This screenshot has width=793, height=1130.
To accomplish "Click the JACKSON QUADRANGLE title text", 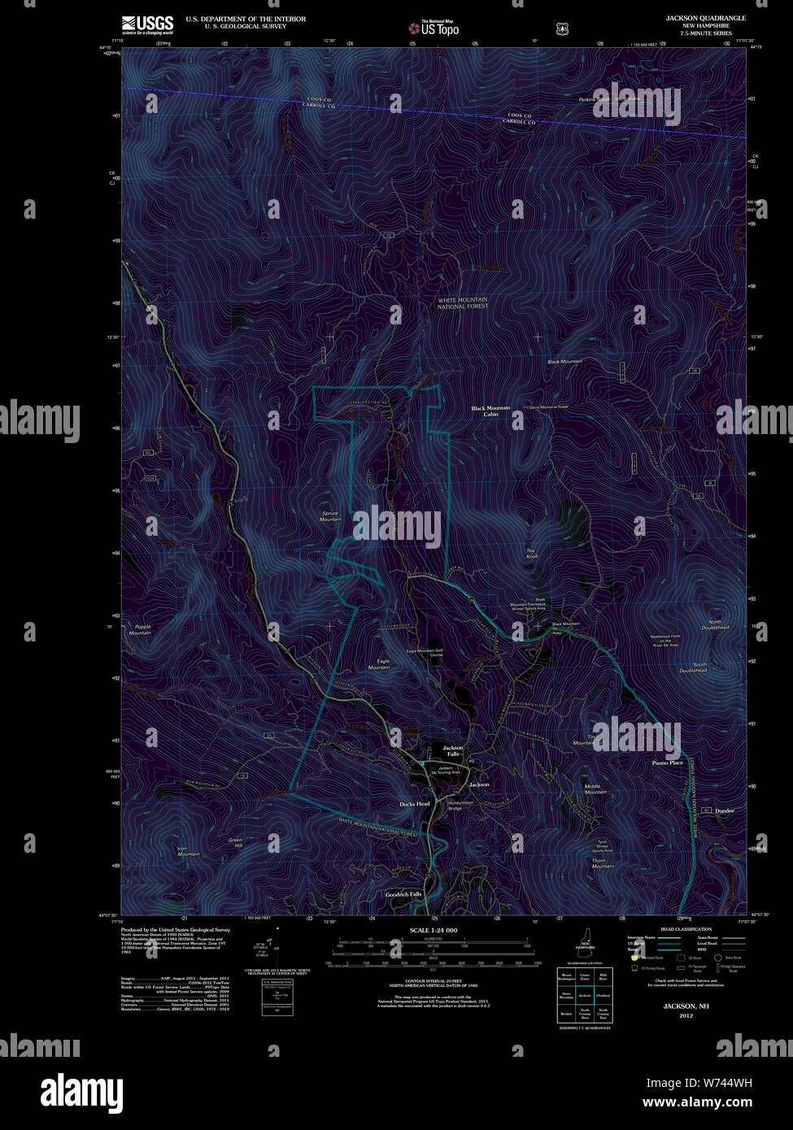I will [705, 18].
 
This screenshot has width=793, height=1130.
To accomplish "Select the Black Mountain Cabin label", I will [490, 411].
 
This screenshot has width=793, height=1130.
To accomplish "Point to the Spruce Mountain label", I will [330, 515].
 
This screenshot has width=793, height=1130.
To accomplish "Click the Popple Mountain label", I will [140, 629].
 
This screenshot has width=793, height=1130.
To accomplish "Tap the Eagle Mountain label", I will [379, 664].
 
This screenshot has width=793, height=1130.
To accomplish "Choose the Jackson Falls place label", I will [453, 750].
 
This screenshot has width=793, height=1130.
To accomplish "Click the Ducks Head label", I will [414, 804].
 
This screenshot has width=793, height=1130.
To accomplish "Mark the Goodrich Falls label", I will [403, 894].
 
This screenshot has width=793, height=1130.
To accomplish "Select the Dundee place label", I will [724, 811].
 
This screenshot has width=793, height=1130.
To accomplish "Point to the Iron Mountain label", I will [188, 851].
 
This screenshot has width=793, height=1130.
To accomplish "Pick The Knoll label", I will [532, 554].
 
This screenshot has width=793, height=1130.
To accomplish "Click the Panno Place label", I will [667, 763].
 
